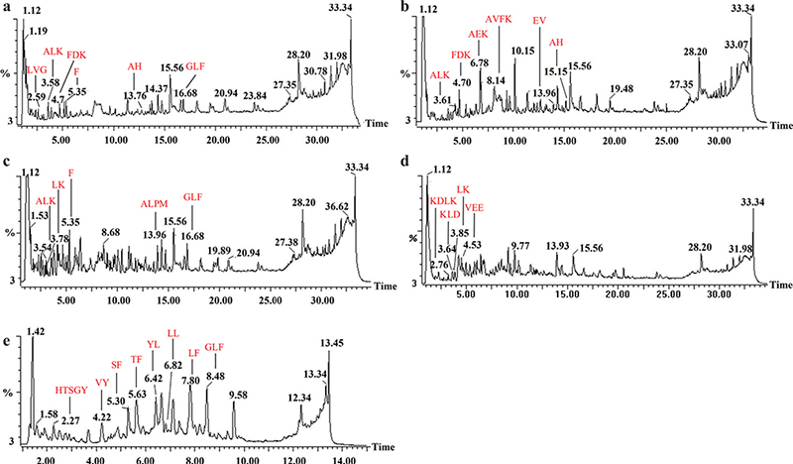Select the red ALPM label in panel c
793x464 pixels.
click(155, 202)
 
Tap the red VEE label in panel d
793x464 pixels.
click(474, 206)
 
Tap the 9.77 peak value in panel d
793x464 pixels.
click(520, 244)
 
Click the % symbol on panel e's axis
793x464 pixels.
click(10, 393)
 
